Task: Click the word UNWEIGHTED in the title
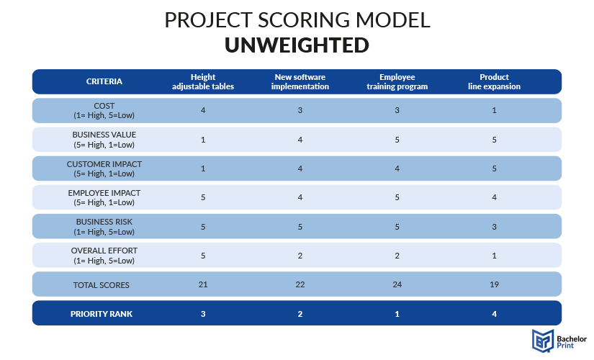(x=297, y=45)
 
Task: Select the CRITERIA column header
(x=104, y=81)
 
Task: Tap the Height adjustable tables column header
(x=203, y=82)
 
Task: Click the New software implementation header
(x=300, y=82)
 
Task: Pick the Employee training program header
(x=397, y=82)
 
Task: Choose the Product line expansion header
(x=494, y=82)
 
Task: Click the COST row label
(x=104, y=111)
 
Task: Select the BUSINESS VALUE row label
(x=104, y=140)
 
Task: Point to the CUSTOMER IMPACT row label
(x=104, y=168)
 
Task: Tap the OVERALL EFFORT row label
(x=104, y=256)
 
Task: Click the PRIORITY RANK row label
(x=102, y=314)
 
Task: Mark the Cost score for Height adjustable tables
(x=203, y=110)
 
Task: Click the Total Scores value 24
(x=397, y=284)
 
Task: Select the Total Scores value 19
(x=494, y=284)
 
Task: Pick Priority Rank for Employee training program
(x=397, y=314)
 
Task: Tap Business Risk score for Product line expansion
(x=494, y=227)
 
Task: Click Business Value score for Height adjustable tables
(x=203, y=140)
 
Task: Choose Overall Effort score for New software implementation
(x=300, y=256)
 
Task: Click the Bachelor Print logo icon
(x=543, y=341)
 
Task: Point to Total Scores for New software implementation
(x=300, y=284)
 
